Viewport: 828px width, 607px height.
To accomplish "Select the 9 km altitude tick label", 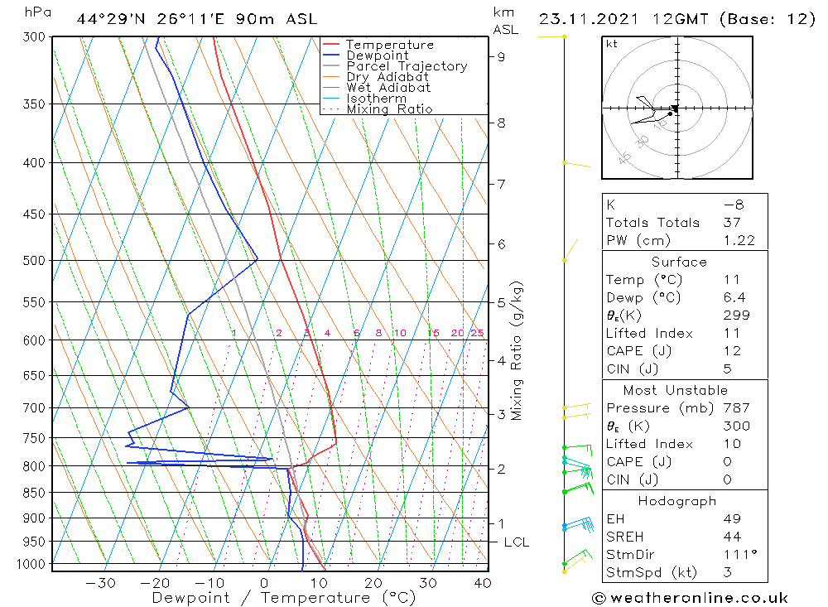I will click(502, 56).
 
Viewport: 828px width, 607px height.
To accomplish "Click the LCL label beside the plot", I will click(516, 542).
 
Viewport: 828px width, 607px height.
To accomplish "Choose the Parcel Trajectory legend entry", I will click(407, 66).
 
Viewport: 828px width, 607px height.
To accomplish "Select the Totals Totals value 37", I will click(732, 222).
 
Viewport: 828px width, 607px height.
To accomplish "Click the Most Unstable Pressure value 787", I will click(736, 408).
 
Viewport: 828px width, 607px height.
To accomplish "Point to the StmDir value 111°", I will click(736, 555).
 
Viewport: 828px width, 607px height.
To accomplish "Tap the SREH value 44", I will click(731, 537).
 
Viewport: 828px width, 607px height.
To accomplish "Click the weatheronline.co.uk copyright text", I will click(690, 597).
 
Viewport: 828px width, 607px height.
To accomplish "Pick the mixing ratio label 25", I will click(477, 333).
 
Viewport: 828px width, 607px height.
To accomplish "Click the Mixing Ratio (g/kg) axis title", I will click(517, 350).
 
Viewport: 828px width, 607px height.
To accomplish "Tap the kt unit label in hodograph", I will click(611, 44).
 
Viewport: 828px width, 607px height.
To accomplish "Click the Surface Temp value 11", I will click(731, 280).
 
